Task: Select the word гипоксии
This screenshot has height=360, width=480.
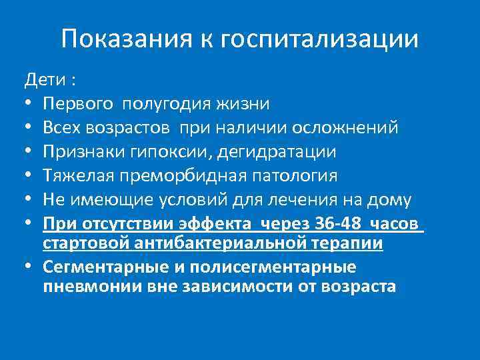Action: coord(171,151)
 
